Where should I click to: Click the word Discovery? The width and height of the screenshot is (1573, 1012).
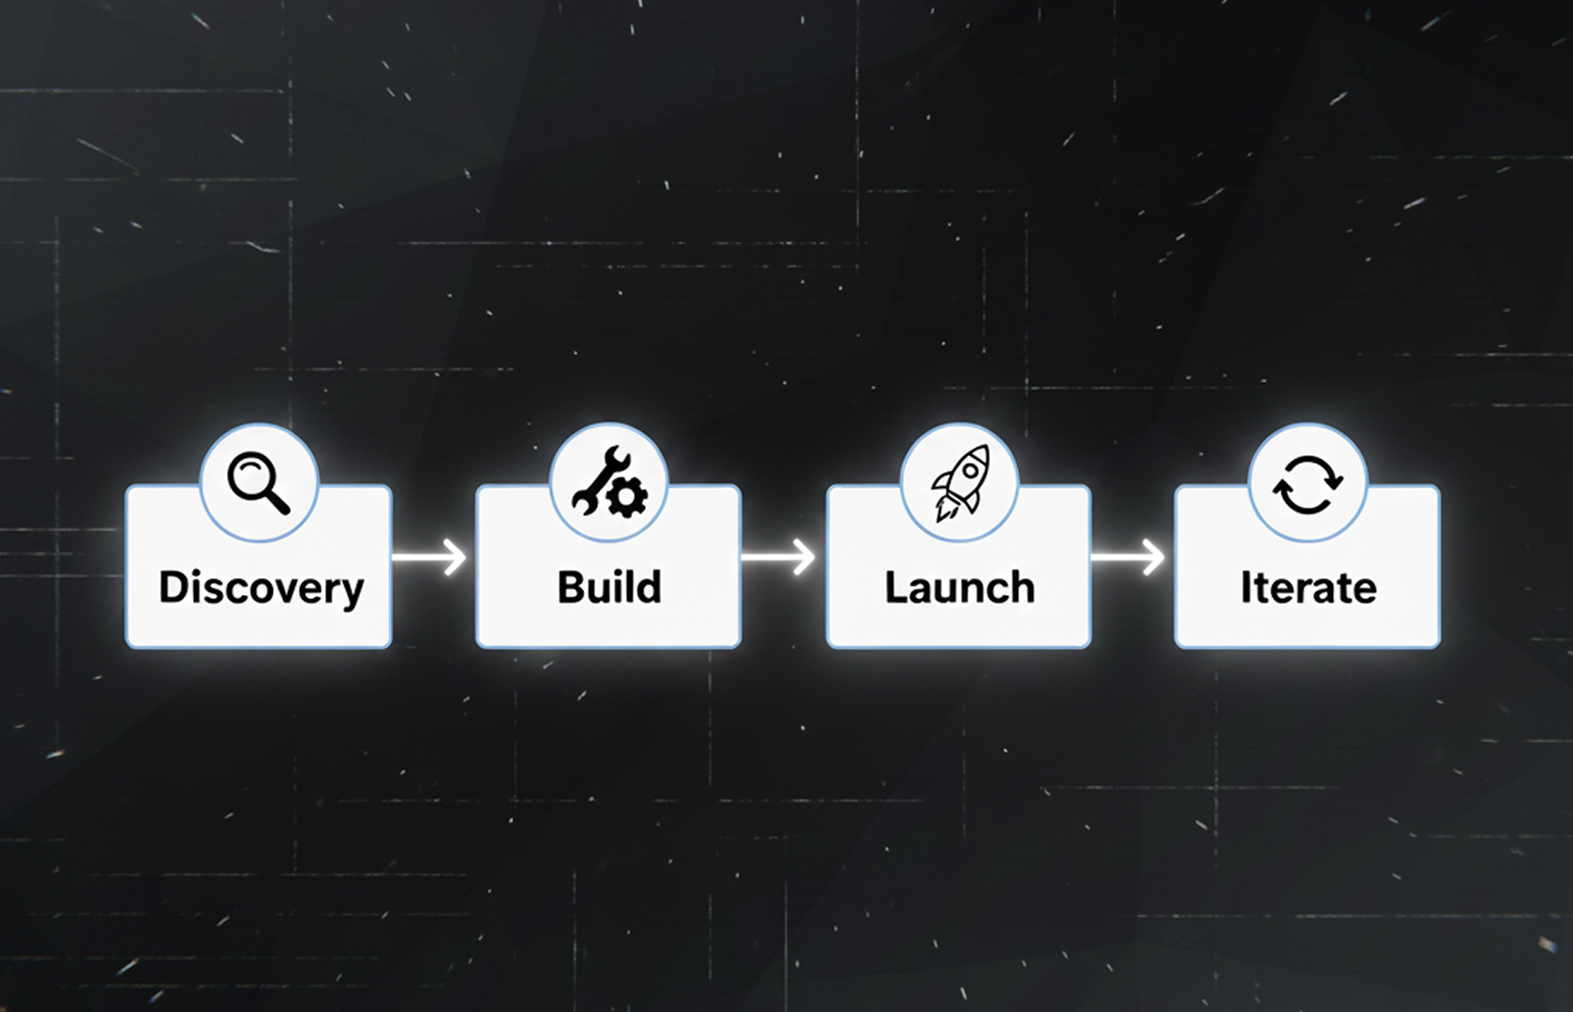pos(261,588)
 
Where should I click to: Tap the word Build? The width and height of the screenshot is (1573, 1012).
pos(609,588)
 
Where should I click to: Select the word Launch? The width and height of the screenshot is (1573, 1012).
pos(959,588)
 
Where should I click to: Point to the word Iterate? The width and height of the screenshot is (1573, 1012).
pos(1308,588)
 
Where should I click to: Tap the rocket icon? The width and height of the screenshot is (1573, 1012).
pos(959,483)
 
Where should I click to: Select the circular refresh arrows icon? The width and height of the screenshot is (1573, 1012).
pos(1308,484)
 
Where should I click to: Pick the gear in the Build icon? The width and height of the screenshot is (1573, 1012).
pos(625,497)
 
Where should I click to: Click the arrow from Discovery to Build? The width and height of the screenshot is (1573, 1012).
pos(429,558)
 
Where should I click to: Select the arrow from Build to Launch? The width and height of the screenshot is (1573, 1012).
pos(778,558)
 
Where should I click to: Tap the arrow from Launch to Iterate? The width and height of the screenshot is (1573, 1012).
pos(1128,558)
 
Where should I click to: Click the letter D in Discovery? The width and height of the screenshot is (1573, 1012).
pos(173,588)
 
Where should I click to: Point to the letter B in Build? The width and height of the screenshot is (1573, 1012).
pos(570,588)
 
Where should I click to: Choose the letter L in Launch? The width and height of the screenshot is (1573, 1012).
pos(895,588)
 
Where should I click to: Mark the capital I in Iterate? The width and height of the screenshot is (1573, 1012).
pos(1245,588)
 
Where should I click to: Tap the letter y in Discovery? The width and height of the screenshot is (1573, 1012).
pos(352,592)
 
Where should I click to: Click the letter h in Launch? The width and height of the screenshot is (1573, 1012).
pos(1023,588)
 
